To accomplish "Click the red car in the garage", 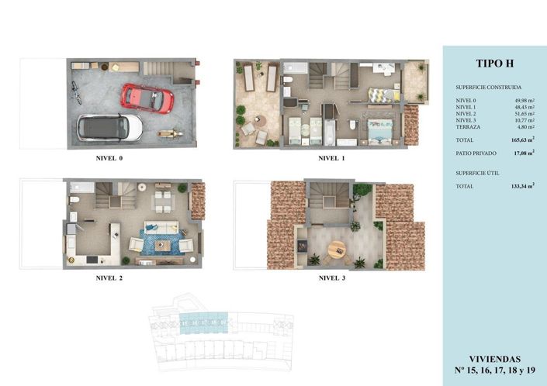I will [147, 97].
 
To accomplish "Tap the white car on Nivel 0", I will [110, 127].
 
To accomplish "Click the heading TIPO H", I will [493, 64].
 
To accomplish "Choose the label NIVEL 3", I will [332, 277].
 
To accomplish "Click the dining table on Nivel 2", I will [163, 202].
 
